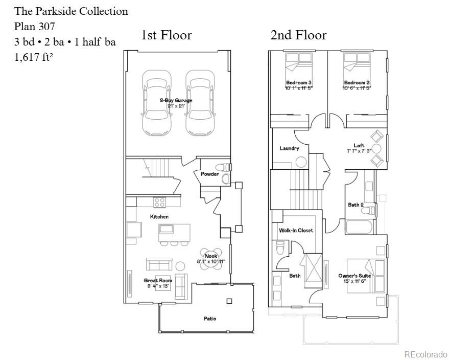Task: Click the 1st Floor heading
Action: pos(167,35)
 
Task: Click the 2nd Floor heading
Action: pos(298,35)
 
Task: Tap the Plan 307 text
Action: pos(35,27)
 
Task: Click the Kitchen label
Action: pos(159,217)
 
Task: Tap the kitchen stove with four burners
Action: pos(160,201)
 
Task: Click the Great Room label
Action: pos(158,280)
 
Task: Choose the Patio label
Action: pos(209,319)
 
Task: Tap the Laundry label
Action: pos(289,148)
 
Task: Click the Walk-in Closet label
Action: pos(296,230)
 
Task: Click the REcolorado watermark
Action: pos(426,354)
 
